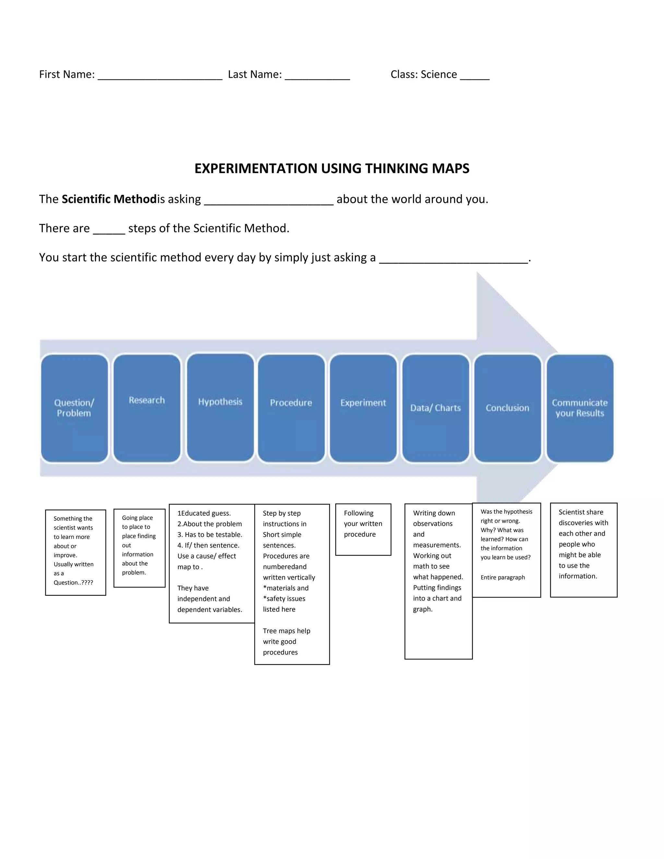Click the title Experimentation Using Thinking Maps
tap(332, 168)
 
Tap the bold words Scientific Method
tap(109, 199)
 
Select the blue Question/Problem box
tap(74, 408)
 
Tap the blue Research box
tap(147, 408)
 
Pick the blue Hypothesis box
tap(220, 407)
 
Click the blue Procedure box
tap(291, 408)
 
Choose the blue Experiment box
tap(363, 408)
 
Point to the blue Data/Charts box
tap(435, 408)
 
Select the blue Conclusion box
tap(507, 408)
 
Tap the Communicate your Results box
tap(580, 408)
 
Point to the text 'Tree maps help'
tap(286, 631)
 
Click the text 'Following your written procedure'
tap(363, 524)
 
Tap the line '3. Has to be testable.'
tap(210, 535)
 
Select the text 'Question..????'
tap(73, 582)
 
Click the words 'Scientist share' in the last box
tap(581, 512)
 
